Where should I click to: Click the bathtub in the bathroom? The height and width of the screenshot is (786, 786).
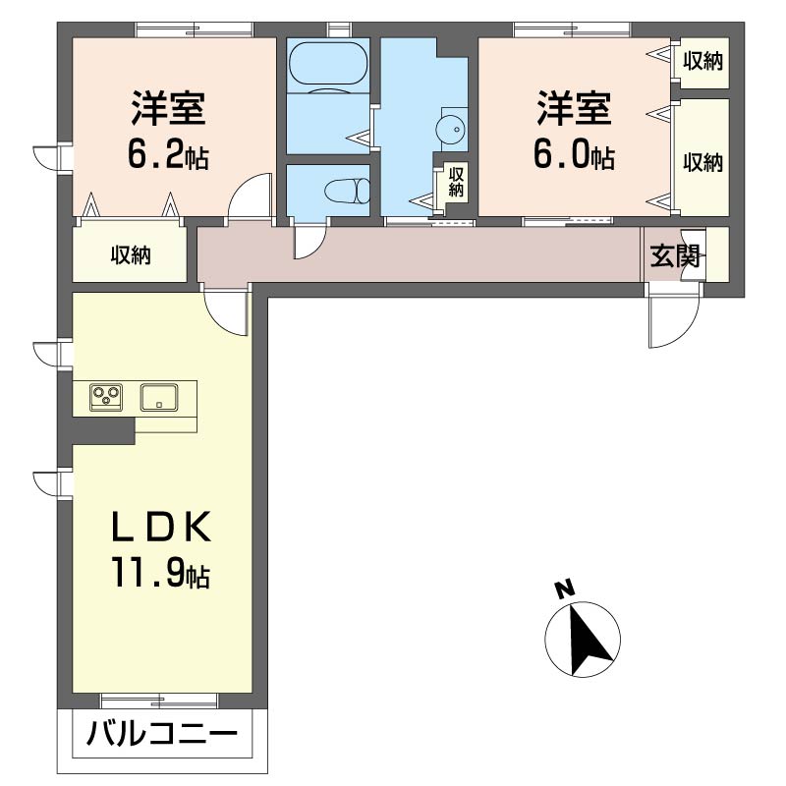(328, 63)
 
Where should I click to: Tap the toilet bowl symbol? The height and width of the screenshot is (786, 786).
(348, 191)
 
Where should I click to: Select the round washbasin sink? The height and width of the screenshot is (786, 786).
(450, 130)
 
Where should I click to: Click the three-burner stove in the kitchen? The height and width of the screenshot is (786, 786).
(106, 398)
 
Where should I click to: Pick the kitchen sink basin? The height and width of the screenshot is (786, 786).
(159, 398)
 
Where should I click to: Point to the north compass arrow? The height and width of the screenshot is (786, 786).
(589, 641)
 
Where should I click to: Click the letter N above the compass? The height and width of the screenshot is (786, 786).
(565, 589)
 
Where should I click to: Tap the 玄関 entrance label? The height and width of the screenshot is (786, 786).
(674, 257)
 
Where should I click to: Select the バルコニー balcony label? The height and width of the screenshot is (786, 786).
(162, 734)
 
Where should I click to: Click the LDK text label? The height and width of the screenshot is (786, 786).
(161, 528)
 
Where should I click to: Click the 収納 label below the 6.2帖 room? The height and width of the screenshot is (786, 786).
(131, 256)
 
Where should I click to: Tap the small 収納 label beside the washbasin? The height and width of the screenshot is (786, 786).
(456, 183)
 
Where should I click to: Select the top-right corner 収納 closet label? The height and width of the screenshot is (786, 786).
(702, 62)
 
